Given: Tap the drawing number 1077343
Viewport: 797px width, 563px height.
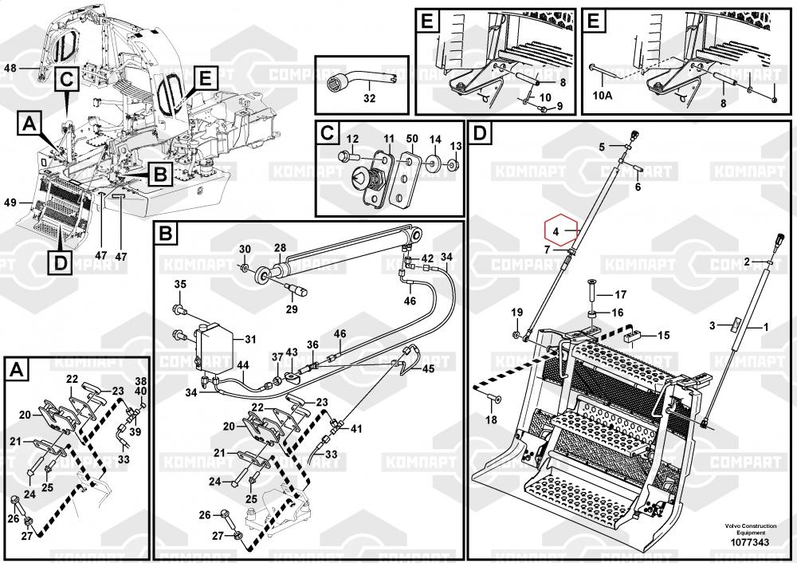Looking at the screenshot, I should click(x=748, y=543).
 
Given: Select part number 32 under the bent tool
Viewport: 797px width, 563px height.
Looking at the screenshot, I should click(x=368, y=99).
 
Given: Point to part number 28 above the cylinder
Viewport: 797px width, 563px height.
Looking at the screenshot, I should click(x=280, y=248).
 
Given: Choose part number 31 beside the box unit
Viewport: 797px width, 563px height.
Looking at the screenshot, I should click(x=250, y=339).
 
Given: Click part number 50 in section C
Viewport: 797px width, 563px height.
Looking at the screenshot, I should click(x=411, y=139).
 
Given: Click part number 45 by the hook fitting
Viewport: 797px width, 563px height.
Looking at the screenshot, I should click(x=428, y=368).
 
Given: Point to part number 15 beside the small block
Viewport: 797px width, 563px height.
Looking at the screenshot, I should click(x=663, y=336).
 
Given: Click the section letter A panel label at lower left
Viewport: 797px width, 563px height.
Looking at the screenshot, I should click(x=16, y=369).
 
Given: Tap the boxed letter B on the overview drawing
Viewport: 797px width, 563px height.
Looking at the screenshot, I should click(x=158, y=171).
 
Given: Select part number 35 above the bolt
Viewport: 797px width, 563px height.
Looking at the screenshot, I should click(x=180, y=285).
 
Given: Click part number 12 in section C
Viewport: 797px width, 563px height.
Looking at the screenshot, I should click(x=352, y=139).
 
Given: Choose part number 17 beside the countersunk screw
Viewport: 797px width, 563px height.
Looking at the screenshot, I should click(x=620, y=294).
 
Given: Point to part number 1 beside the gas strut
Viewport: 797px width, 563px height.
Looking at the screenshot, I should click(x=766, y=326).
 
